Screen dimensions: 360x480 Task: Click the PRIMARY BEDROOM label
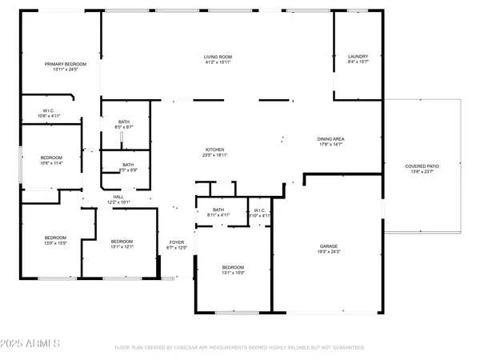click(60, 66)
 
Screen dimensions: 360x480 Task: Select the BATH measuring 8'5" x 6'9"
click(128, 167)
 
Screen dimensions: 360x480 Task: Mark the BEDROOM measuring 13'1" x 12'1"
click(122, 244)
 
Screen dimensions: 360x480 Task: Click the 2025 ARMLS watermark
click(31, 344)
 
